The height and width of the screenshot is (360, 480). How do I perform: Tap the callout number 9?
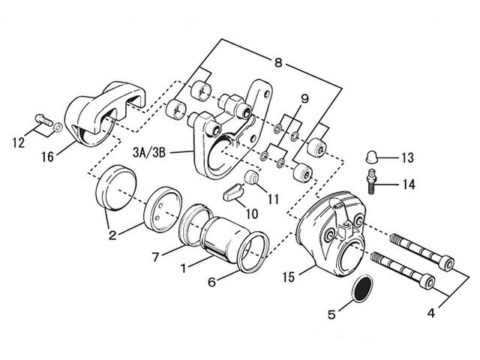click(x=304, y=99)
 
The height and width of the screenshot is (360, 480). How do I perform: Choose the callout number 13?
click(x=407, y=158)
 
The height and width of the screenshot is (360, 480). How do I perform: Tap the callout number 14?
click(x=407, y=182)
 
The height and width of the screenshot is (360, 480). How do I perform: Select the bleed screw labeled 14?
click(x=369, y=181)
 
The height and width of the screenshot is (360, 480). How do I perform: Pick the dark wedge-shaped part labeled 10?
click(x=233, y=192)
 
